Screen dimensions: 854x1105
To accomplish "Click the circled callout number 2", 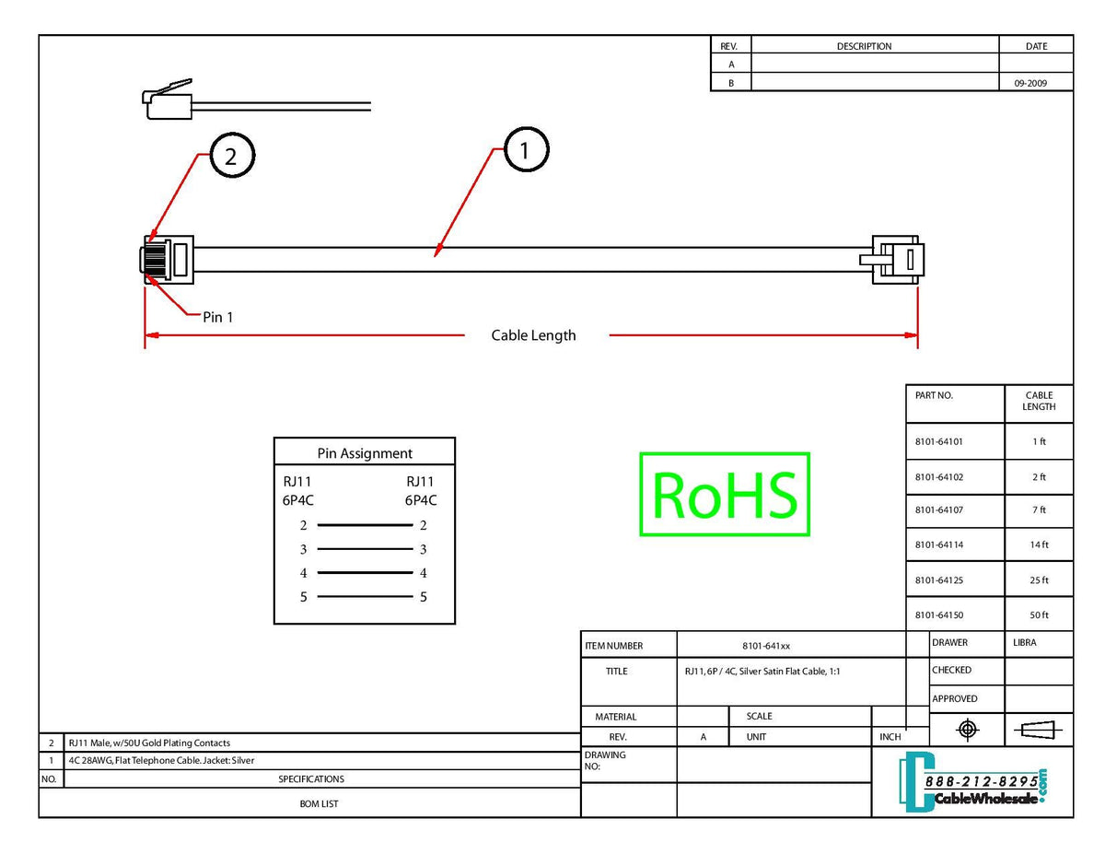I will point(231,157).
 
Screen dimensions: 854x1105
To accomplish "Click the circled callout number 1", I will point(525,150).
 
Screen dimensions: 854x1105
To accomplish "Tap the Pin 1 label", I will point(218,317).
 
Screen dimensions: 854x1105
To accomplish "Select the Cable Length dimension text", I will point(533,335).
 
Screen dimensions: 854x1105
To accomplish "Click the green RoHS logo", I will point(724,494).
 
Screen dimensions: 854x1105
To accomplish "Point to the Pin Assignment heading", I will point(365,453).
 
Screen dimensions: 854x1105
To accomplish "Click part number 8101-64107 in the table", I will point(938,510).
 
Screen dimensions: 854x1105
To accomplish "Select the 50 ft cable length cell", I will point(1039,615).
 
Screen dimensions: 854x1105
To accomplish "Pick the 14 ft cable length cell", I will point(1039,545).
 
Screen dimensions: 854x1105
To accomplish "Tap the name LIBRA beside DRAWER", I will point(1025,643).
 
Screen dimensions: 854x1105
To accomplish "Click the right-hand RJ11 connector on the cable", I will point(898,259).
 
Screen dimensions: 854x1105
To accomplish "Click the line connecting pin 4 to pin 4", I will point(365,573).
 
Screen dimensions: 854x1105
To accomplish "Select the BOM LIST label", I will point(319,804).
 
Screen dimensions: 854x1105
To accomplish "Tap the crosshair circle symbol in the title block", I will point(967,731).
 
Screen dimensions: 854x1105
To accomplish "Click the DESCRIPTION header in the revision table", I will point(864,46).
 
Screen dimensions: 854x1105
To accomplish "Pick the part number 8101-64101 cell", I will point(938,442).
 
